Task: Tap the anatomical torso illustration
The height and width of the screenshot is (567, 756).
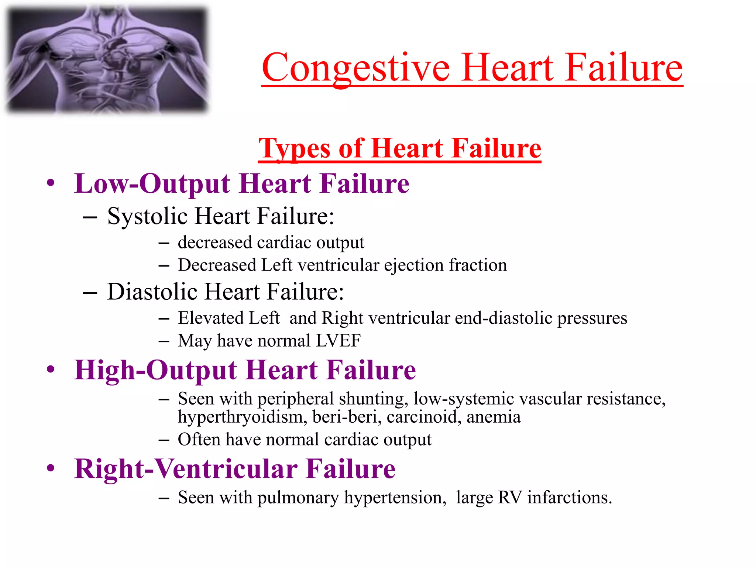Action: click(x=107, y=59)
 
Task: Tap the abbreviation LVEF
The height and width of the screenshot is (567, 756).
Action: click(x=338, y=340)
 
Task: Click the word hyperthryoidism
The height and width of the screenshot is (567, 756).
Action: click(x=242, y=417)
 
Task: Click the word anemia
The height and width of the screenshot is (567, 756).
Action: click(x=494, y=417)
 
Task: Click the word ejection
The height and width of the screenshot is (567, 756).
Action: click(x=414, y=265)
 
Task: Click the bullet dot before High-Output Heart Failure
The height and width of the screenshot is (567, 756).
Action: click(x=51, y=369)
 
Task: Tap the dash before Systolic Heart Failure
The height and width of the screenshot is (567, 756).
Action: click(x=90, y=217)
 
